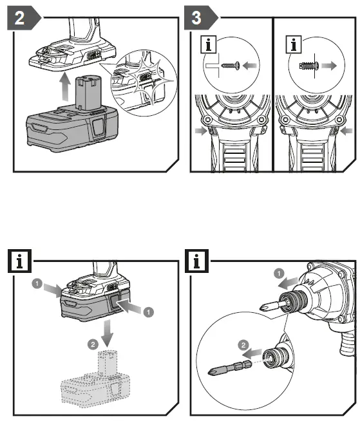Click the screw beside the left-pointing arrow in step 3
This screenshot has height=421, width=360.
[230, 65]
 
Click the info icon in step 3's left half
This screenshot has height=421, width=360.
[209, 45]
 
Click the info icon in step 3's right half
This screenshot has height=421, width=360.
[294, 45]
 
